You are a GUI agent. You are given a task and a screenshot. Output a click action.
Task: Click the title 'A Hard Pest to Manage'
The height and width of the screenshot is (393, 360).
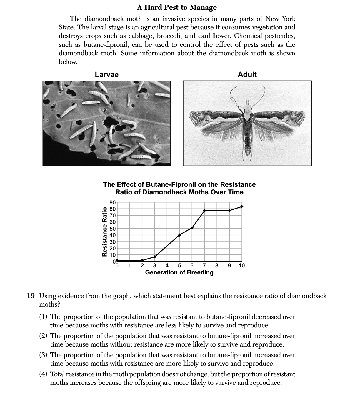(x=177, y=7)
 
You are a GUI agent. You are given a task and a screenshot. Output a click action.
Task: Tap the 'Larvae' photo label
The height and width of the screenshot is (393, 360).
(x=106, y=75)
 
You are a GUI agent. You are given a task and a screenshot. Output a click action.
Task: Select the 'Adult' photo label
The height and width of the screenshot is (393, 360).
(x=247, y=75)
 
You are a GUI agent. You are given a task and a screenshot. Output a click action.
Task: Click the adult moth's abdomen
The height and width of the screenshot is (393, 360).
(x=248, y=141)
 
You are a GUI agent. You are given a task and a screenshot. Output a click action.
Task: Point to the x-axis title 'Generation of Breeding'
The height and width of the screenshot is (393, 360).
(x=179, y=272)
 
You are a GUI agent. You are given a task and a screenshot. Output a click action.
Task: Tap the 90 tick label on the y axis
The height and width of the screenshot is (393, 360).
(x=112, y=202)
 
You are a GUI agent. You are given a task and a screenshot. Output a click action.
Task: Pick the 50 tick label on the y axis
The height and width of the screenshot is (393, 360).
(x=112, y=228)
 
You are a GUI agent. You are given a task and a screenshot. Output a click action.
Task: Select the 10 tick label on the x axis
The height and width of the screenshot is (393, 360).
(x=242, y=266)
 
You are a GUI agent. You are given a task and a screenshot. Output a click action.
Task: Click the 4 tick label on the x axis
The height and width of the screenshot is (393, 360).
(x=167, y=266)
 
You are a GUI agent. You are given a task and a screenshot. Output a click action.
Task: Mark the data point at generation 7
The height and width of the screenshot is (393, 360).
(x=204, y=211)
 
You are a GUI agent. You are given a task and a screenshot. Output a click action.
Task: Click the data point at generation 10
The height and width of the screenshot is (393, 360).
(x=242, y=207)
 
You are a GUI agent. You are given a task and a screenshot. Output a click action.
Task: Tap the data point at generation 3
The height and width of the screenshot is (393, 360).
(x=155, y=257)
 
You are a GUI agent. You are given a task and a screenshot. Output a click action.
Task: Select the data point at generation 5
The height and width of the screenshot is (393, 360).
(x=179, y=235)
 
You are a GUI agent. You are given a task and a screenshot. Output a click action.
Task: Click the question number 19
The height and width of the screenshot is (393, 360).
(x=31, y=296)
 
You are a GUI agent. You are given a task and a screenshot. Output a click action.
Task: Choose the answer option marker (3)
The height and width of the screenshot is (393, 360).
(x=44, y=355)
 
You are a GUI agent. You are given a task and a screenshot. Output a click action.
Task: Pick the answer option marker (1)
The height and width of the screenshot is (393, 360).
(x=44, y=317)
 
